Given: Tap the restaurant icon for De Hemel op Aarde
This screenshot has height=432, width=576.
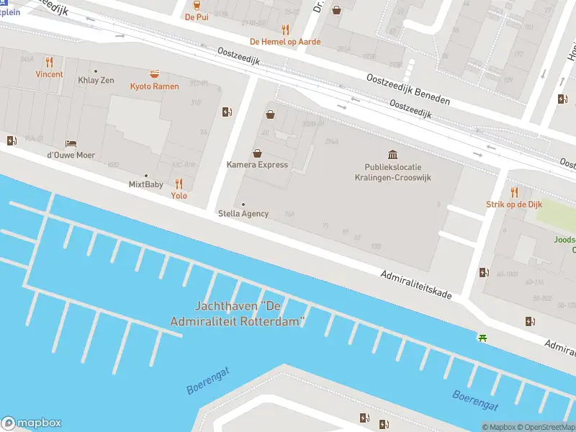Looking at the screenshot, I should click(x=285, y=30).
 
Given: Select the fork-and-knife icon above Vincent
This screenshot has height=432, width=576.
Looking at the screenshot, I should click(x=49, y=62).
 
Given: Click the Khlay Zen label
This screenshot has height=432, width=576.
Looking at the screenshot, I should click(x=96, y=80).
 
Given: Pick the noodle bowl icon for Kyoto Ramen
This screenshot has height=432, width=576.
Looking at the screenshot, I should click(x=154, y=74).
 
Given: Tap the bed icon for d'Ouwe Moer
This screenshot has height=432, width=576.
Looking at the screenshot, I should click(x=71, y=143).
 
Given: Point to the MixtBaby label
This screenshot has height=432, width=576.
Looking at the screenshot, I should click(x=145, y=184).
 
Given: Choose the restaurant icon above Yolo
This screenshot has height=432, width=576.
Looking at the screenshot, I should click(x=179, y=184).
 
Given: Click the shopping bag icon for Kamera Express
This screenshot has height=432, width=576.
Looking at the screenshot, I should click(x=257, y=153).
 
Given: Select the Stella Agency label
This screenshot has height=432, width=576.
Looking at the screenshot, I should click(x=243, y=213).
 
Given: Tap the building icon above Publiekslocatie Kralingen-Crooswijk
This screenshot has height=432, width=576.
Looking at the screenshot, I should click(x=392, y=155).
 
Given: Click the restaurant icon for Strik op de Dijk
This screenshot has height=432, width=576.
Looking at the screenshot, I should click(x=514, y=192).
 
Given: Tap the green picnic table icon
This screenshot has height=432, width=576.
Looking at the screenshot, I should click(x=482, y=337).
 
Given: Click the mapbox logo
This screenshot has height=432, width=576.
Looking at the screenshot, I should click(x=31, y=423).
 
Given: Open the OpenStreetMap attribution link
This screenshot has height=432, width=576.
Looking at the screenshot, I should click(x=548, y=427).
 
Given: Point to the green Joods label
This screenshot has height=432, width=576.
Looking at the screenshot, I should click(x=564, y=240).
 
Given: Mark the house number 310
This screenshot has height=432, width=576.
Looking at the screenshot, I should click(x=195, y=103).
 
